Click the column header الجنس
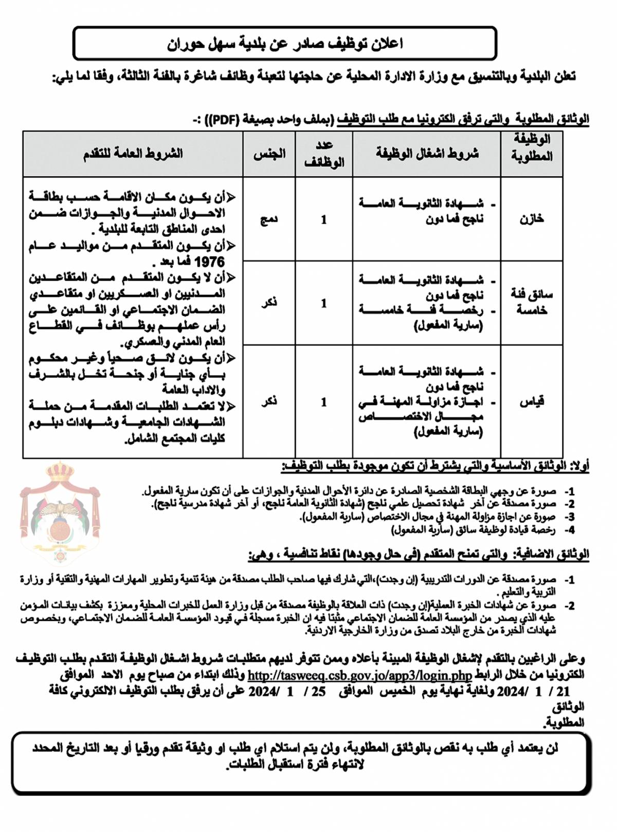tap(269, 154)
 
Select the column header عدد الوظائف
tap(324, 154)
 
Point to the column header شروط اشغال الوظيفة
tap(427, 154)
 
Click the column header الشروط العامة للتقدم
tap(133, 154)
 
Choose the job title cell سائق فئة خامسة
tap(532, 302)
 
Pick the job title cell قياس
tap(532, 402)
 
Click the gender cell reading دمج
tap(268, 220)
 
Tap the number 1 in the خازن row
tap(324, 220)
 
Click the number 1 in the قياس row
tap(324, 402)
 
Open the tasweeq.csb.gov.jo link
tap(359, 675)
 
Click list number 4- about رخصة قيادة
tap(569, 530)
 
